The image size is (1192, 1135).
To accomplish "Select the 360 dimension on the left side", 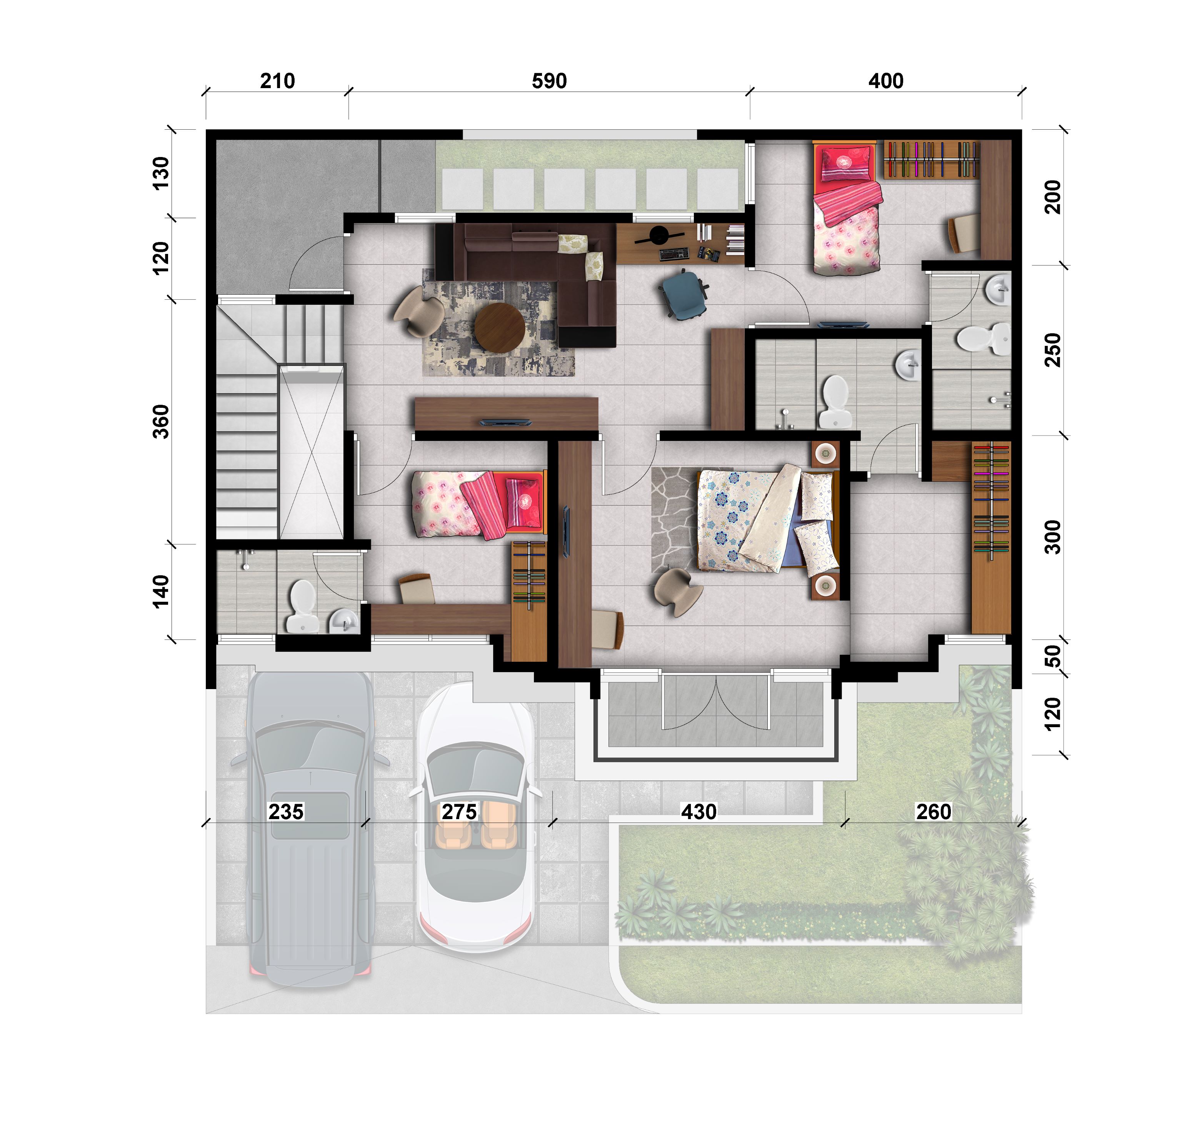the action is [160, 422].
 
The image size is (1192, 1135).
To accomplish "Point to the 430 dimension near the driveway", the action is [699, 811].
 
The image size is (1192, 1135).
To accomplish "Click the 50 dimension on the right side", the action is [1053, 656].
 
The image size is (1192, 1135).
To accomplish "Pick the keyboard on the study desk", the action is [674, 254].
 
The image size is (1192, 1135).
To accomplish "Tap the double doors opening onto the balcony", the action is [716, 701].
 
